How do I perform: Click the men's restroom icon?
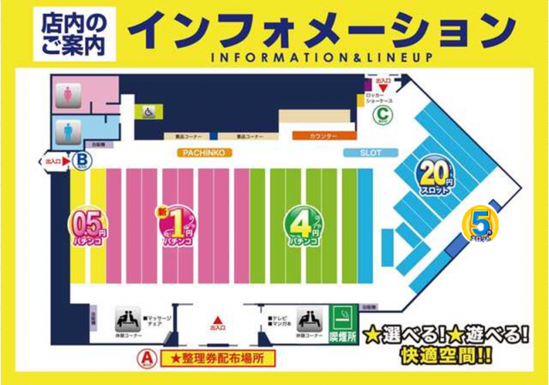tap(66, 131)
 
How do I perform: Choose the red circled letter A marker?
tap(146, 355)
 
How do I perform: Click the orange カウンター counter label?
tap(323, 136)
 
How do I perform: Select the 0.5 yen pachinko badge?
tap(89, 228)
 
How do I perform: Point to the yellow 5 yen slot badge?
tap(480, 225)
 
